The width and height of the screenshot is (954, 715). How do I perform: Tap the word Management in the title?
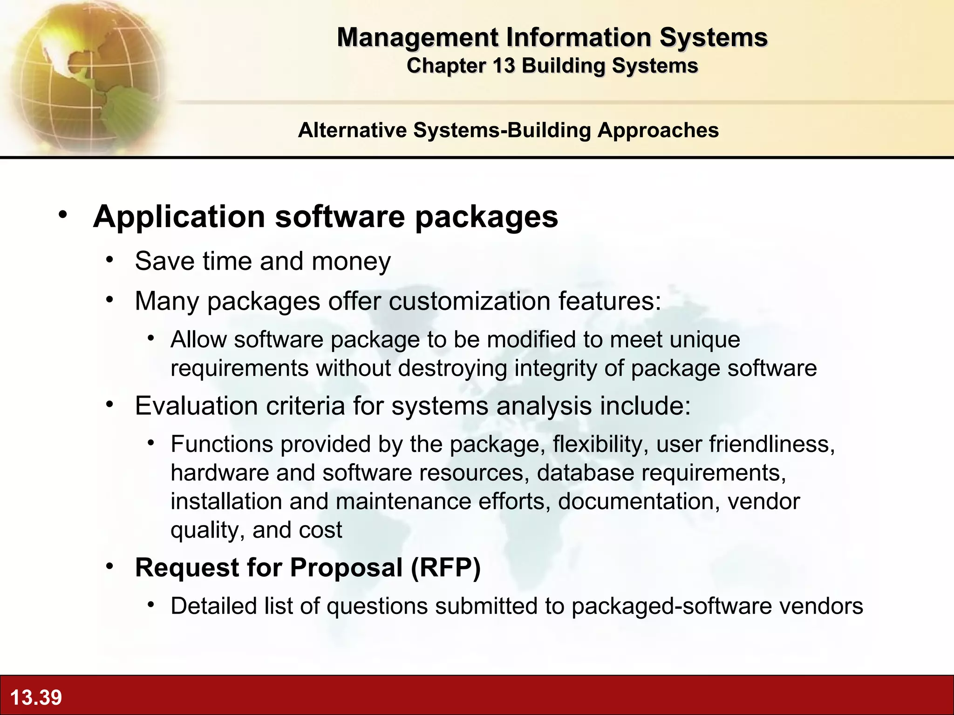pyautogui.click(x=417, y=37)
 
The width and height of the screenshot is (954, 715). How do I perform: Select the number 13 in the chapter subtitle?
pyautogui.click(x=504, y=66)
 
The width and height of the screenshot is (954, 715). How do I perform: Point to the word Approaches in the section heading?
pyautogui.click(x=658, y=130)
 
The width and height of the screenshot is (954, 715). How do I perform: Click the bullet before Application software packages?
pyautogui.click(x=63, y=215)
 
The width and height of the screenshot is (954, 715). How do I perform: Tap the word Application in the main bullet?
pyautogui.click(x=179, y=217)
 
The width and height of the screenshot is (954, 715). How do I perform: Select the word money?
pyautogui.click(x=351, y=261)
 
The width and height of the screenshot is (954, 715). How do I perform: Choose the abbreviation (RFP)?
pyautogui.click(x=445, y=567)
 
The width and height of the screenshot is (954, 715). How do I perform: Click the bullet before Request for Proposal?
pyautogui.click(x=109, y=567)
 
